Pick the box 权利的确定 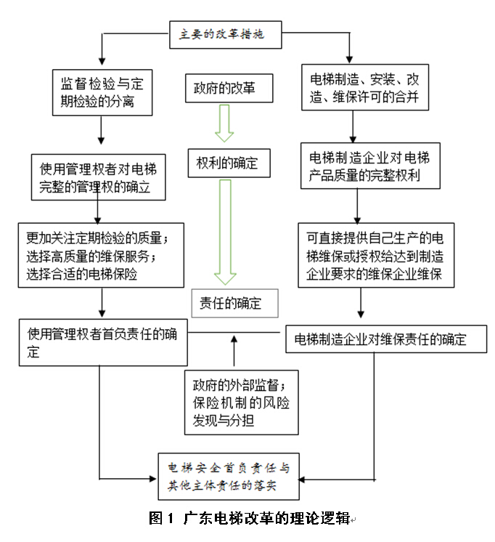(228, 162)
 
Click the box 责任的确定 (236, 303)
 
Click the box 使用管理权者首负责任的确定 (102, 342)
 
